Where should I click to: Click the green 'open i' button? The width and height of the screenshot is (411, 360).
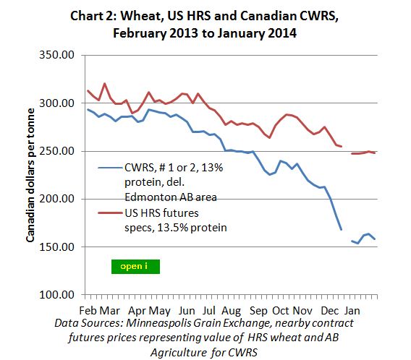coord(135,265)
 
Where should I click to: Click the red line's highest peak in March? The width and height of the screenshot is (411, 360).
coord(105,84)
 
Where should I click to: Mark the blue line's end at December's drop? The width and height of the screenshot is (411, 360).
coord(341,230)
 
